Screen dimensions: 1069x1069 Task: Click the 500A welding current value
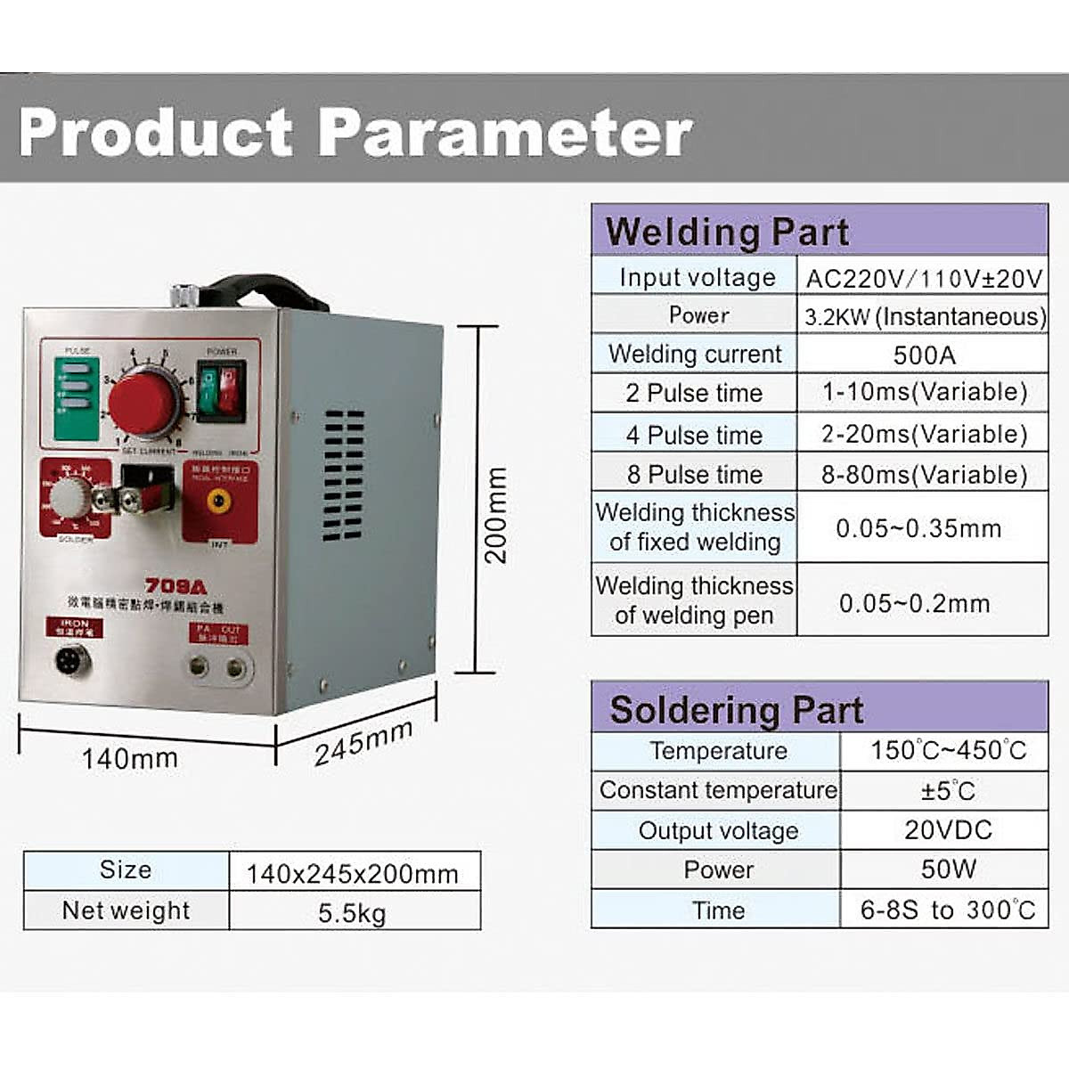[x=924, y=355]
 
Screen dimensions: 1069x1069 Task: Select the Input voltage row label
[x=697, y=278]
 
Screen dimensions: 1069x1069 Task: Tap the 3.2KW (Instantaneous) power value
[x=925, y=316]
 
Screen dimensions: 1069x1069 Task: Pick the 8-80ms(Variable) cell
[x=924, y=475]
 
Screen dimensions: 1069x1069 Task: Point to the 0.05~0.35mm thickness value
[x=918, y=528]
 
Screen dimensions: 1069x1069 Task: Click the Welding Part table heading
[x=727, y=232]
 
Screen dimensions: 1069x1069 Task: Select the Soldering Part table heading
[x=736, y=710]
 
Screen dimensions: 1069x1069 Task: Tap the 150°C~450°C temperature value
[x=948, y=750]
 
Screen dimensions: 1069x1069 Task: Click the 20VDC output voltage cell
[x=948, y=830]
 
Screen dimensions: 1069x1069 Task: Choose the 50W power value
[x=948, y=869]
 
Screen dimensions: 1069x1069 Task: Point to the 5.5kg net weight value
[x=352, y=913]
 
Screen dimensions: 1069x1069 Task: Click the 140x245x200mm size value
[x=352, y=874]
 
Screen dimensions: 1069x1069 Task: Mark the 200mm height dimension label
[x=495, y=515]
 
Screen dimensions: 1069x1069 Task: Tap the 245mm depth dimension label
[x=363, y=742]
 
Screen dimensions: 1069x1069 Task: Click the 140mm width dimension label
[x=130, y=759]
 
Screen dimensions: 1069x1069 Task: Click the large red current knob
[x=143, y=404]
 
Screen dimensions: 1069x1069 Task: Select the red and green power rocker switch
[x=220, y=390]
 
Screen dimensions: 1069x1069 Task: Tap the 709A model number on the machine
[x=175, y=586]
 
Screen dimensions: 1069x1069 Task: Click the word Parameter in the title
[x=504, y=132]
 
